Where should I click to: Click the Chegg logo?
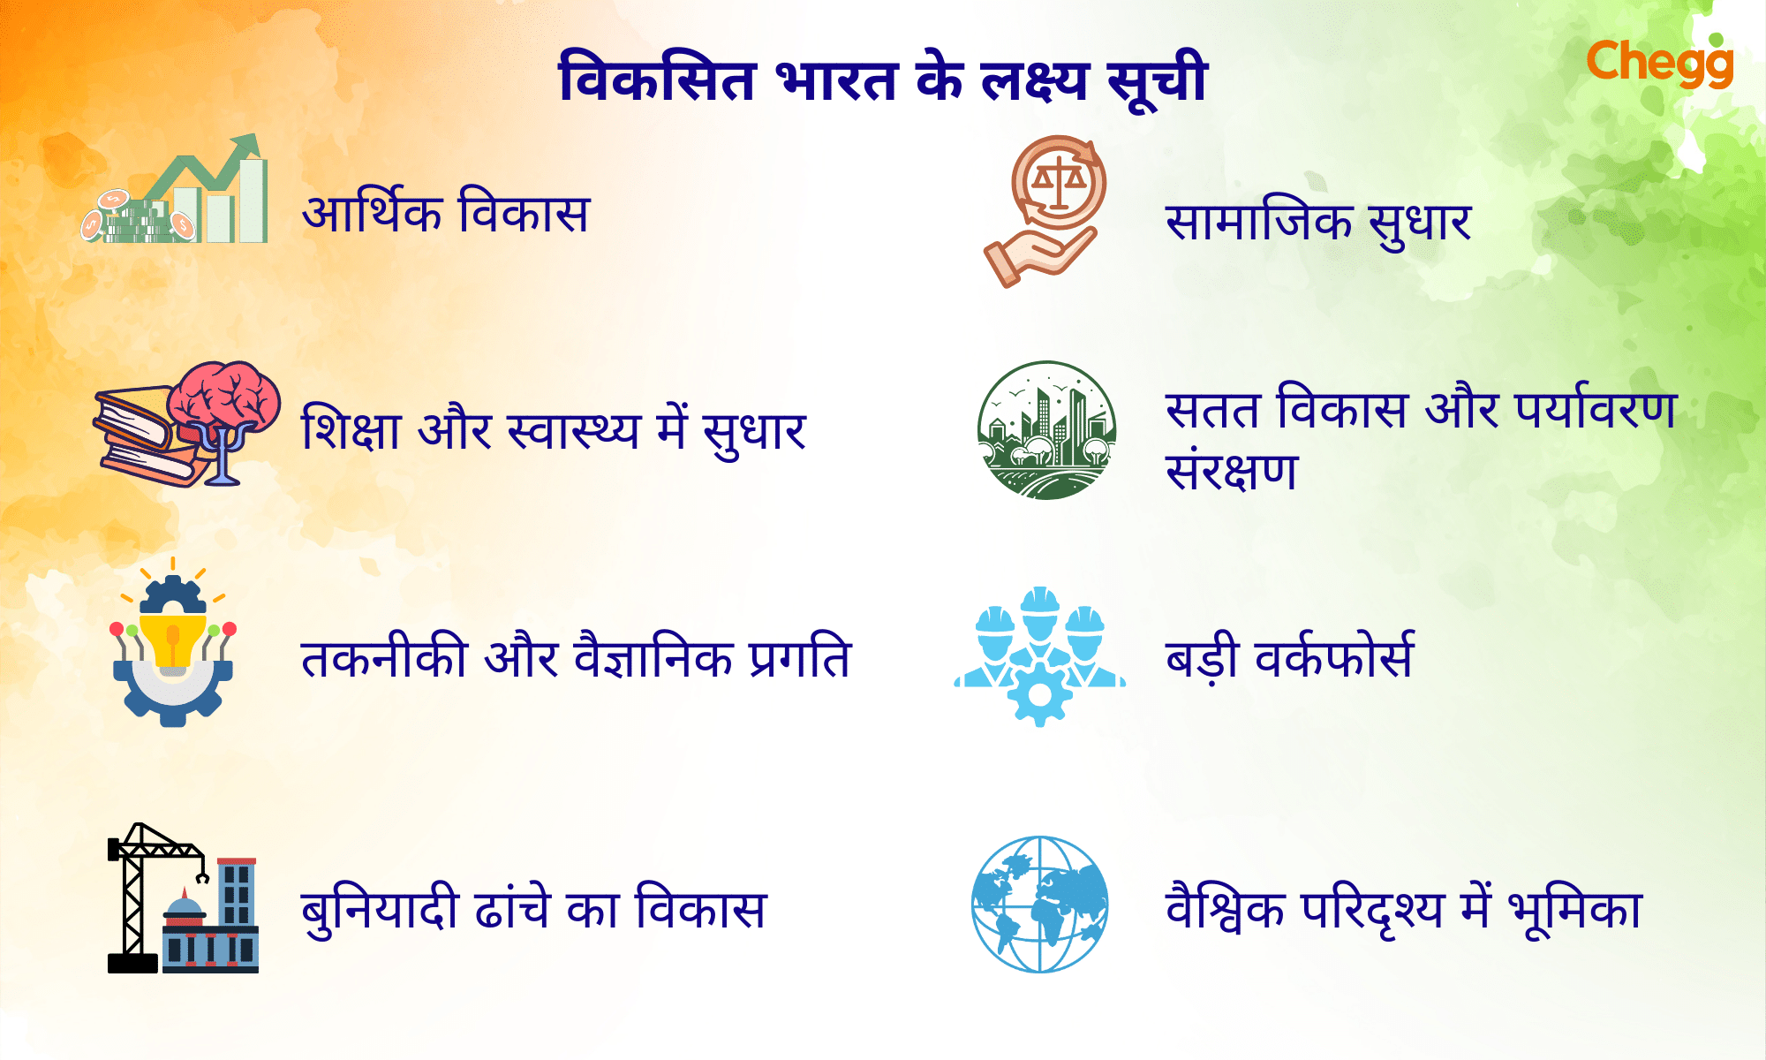[1659, 63]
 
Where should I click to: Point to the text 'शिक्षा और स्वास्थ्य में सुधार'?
[554, 431]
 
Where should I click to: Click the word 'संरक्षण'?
[1232, 472]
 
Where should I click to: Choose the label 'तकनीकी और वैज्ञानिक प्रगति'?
[576, 659]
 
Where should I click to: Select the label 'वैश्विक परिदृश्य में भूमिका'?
[1404, 910]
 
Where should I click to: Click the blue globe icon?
[1040, 905]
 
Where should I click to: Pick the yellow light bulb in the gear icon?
[173, 640]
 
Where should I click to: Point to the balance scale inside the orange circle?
[1058, 181]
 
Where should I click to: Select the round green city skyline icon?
[1047, 430]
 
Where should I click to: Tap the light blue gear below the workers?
[1040, 696]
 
